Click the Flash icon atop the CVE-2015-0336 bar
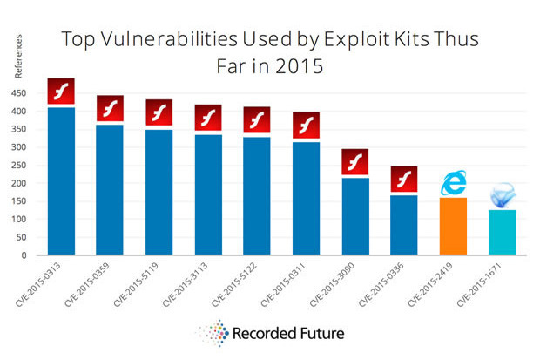pos(403,179)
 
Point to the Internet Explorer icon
pos(453,182)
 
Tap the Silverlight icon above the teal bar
pos(502,195)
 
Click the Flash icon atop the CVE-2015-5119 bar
pos(159,112)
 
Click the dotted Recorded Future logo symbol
pos(213,332)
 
